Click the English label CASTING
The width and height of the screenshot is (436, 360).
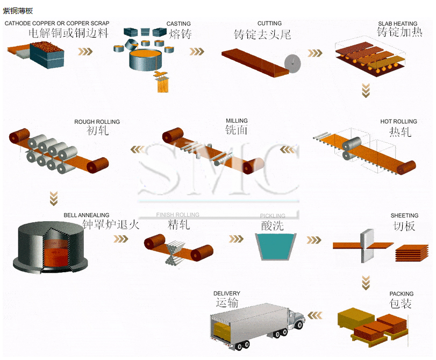click(x=178, y=24)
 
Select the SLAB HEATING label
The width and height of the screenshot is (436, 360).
click(x=397, y=24)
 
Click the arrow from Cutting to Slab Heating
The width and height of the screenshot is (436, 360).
click(x=315, y=53)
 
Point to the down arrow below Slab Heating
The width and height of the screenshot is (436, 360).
click(x=366, y=90)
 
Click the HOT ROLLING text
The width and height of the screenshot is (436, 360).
click(x=398, y=122)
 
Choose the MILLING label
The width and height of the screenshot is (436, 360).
click(x=237, y=121)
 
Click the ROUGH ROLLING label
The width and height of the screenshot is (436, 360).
click(x=97, y=122)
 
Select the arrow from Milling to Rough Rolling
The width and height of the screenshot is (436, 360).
click(x=138, y=149)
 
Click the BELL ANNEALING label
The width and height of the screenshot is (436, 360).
click(x=87, y=215)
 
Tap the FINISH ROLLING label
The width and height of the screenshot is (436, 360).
click(x=177, y=215)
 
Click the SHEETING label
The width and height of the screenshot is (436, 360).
click(x=404, y=216)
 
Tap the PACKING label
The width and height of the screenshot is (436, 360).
click(x=402, y=294)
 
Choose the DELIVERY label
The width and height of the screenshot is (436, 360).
click(x=226, y=294)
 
